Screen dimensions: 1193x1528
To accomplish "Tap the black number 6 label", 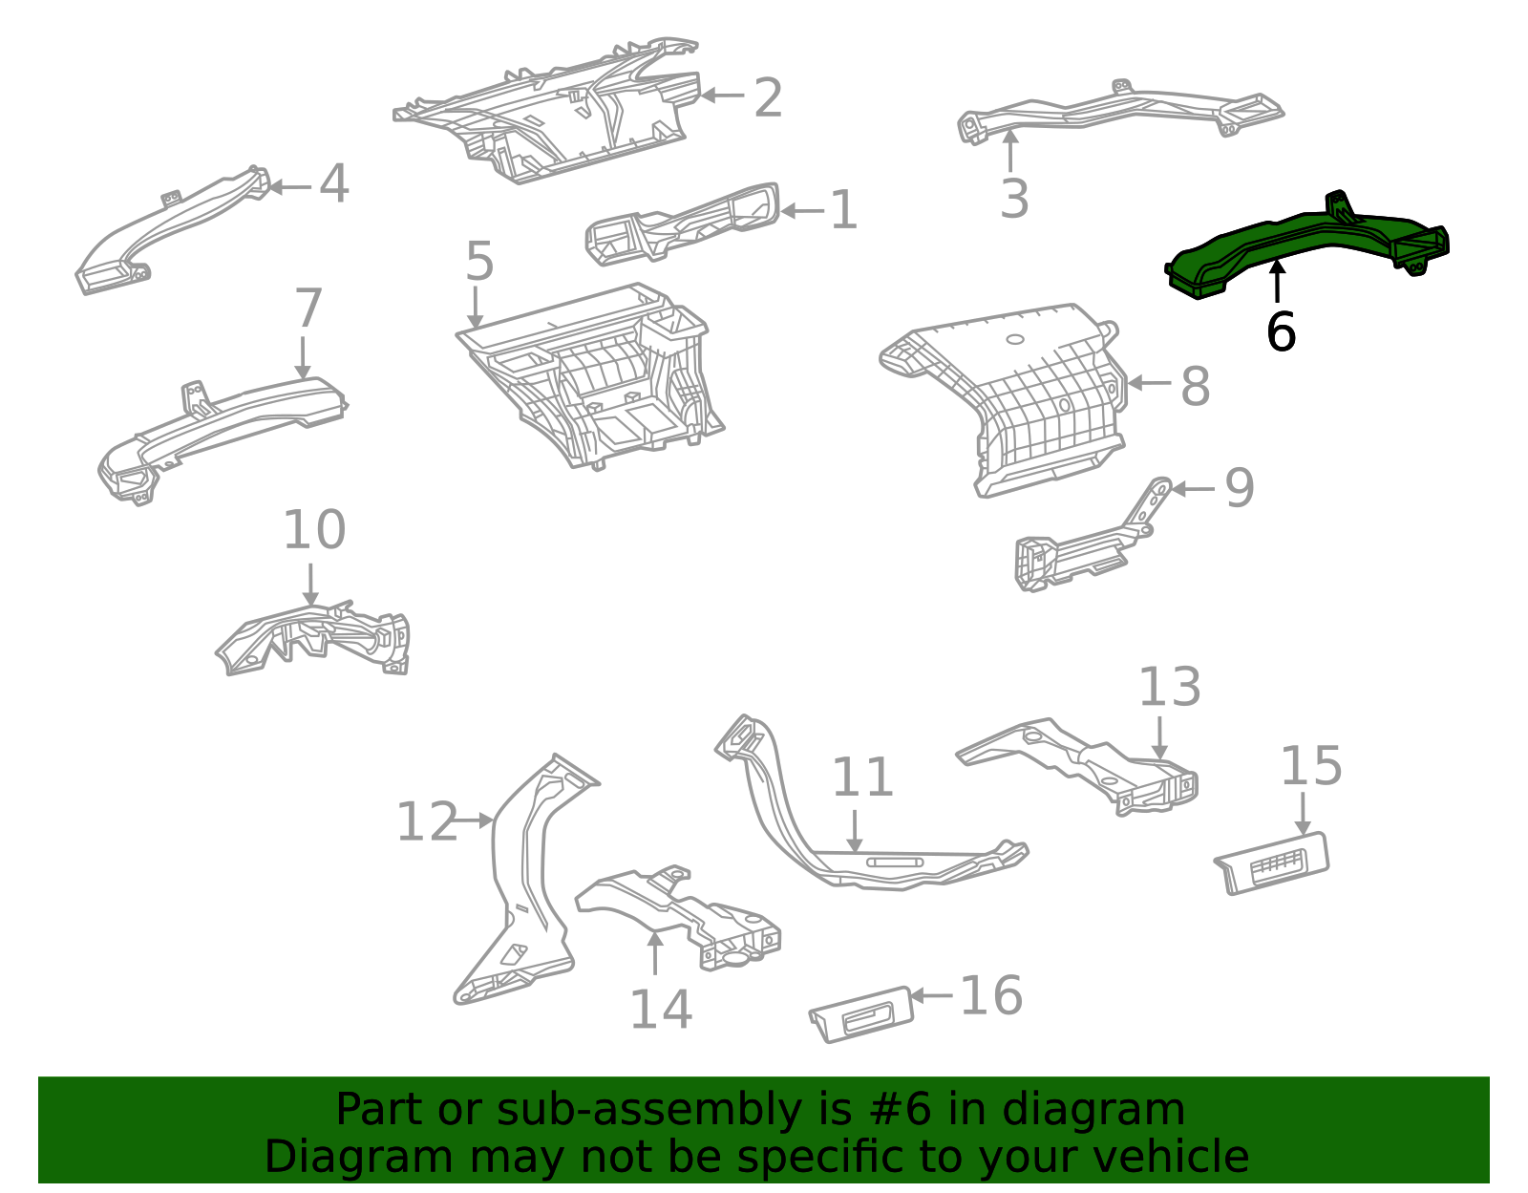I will click(x=1281, y=332).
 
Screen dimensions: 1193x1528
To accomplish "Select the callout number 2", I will click(x=768, y=98).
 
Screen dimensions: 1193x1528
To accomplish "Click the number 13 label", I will click(x=1169, y=688).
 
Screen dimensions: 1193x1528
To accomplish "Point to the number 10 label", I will click(x=313, y=530).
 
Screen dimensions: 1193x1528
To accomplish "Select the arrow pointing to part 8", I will click(x=1149, y=383).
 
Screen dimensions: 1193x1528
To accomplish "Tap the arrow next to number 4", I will click(x=288, y=187).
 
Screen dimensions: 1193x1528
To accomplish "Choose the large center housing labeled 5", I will click(x=592, y=382).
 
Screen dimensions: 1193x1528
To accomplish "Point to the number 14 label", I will click(x=660, y=1010).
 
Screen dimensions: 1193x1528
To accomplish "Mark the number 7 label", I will click(x=308, y=309).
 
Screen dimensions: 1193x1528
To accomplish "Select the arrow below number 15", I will click(x=1303, y=812).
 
